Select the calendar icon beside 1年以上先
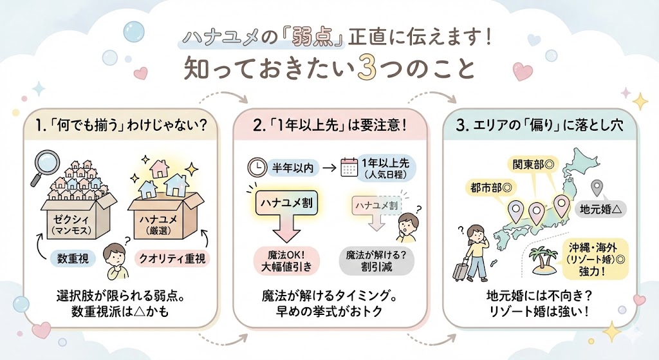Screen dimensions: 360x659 click(x=349, y=168)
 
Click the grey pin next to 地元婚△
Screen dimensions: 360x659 click(x=597, y=188)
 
